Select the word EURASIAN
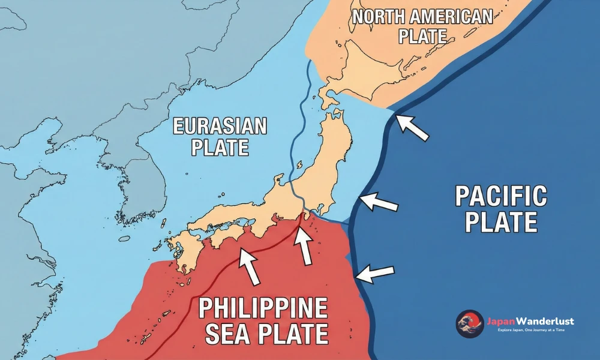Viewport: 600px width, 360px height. pos(220,127)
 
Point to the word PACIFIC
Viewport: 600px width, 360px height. pos(501,197)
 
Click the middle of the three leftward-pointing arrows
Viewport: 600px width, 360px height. pos(379,202)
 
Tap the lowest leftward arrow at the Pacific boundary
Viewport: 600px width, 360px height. pos(375,273)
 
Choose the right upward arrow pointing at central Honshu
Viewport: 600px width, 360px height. pos(304,244)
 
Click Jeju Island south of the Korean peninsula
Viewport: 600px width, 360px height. pos(124,239)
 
